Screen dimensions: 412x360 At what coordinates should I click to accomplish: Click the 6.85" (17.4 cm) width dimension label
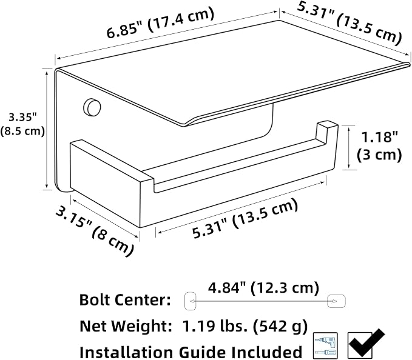pyautogui.click(x=161, y=23)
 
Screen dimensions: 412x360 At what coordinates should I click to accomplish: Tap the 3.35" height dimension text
pyautogui.click(x=23, y=118)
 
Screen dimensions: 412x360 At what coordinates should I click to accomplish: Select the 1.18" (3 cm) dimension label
pyautogui.click(x=379, y=146)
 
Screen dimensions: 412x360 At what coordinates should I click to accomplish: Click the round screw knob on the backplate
pyautogui.click(x=92, y=107)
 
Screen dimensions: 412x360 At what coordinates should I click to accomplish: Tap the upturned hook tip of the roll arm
pyautogui.click(x=327, y=125)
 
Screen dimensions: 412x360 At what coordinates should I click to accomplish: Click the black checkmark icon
pyautogui.click(x=366, y=343)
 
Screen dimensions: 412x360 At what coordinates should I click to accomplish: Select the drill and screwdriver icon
pyautogui.click(x=326, y=345)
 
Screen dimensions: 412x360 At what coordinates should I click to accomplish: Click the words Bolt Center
pyautogui.click(x=125, y=299)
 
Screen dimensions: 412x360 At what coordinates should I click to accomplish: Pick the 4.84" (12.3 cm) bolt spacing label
pyautogui.click(x=263, y=288)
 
